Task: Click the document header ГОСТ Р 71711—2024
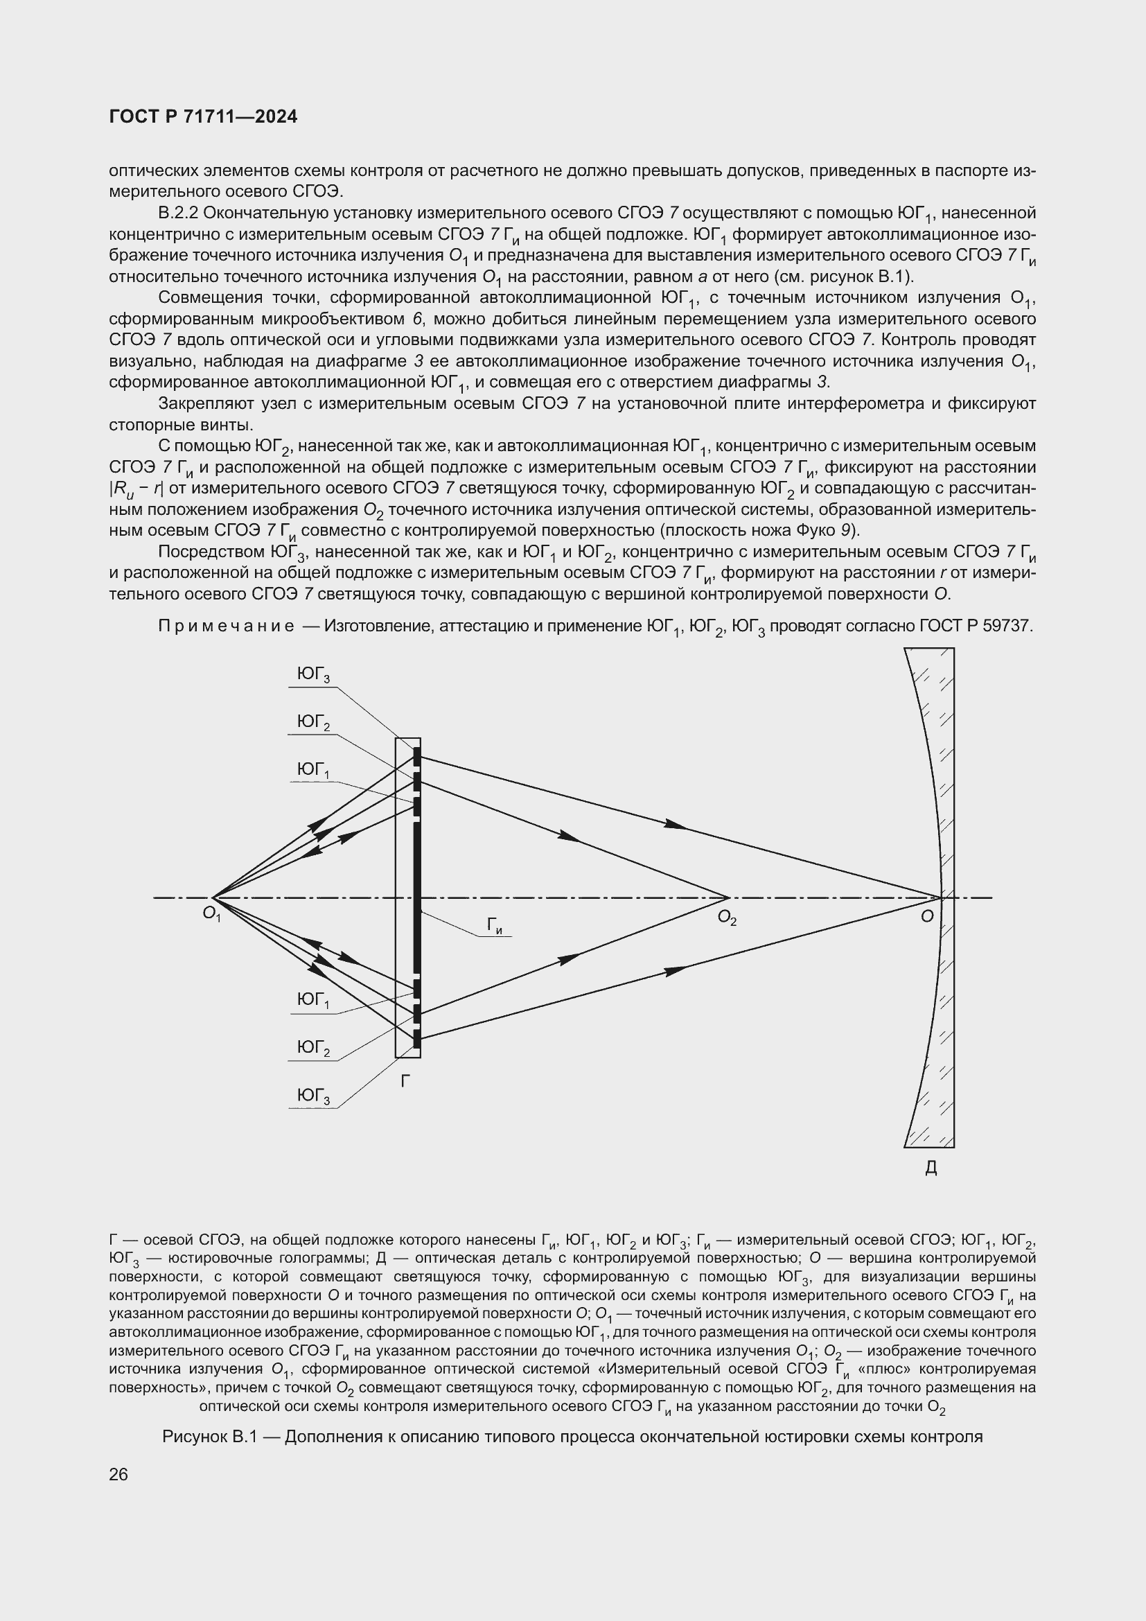pos(203,117)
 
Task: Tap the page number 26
pos(118,1474)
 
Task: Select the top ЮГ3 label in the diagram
pos(313,675)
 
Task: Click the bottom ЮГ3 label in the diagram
pos(313,1096)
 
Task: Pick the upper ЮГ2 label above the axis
pos(313,722)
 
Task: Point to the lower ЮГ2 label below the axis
pos(313,1049)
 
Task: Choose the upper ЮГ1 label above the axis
pos(313,769)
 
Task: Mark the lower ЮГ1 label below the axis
pos(313,1001)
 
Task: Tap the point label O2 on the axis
pos(727,918)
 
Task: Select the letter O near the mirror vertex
pos(927,916)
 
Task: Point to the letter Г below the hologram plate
pos(405,1081)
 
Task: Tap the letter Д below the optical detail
pos(931,1168)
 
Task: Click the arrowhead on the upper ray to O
pos(676,824)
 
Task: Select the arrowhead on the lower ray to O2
pos(569,958)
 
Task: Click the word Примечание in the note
pos(226,627)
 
